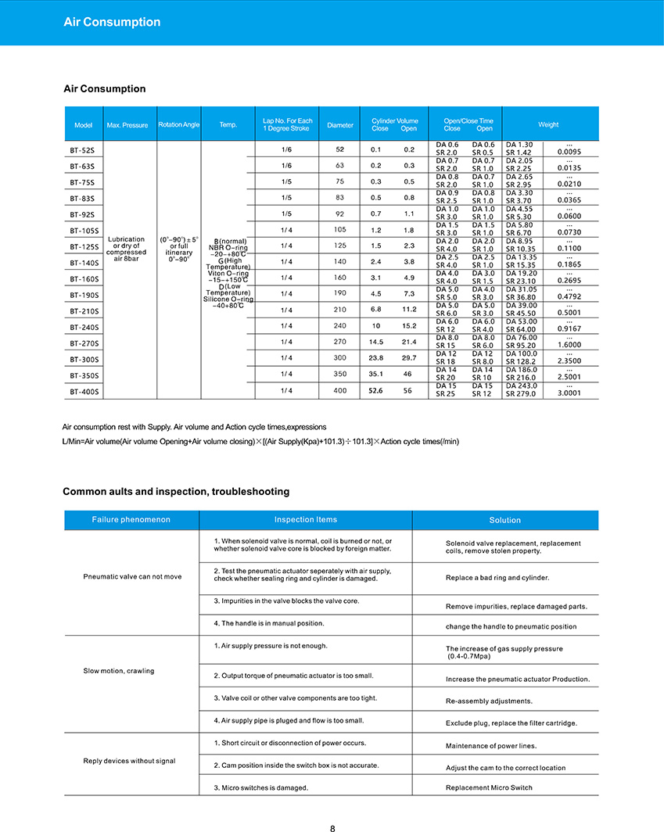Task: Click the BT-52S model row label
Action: [81, 149]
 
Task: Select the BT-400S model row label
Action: [83, 391]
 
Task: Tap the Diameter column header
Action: [340, 125]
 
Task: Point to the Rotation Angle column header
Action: [179, 125]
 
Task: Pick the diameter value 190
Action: [340, 294]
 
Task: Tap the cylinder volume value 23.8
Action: [375, 358]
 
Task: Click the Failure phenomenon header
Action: [131, 520]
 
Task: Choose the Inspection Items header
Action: [306, 520]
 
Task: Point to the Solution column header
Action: [504, 520]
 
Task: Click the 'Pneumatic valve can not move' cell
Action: [132, 577]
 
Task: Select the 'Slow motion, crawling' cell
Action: [119, 671]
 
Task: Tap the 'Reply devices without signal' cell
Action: [129, 761]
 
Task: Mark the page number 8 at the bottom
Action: [332, 828]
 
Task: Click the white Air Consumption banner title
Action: [112, 22]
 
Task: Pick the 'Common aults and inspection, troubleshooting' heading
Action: [176, 492]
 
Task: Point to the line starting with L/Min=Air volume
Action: [260, 442]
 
